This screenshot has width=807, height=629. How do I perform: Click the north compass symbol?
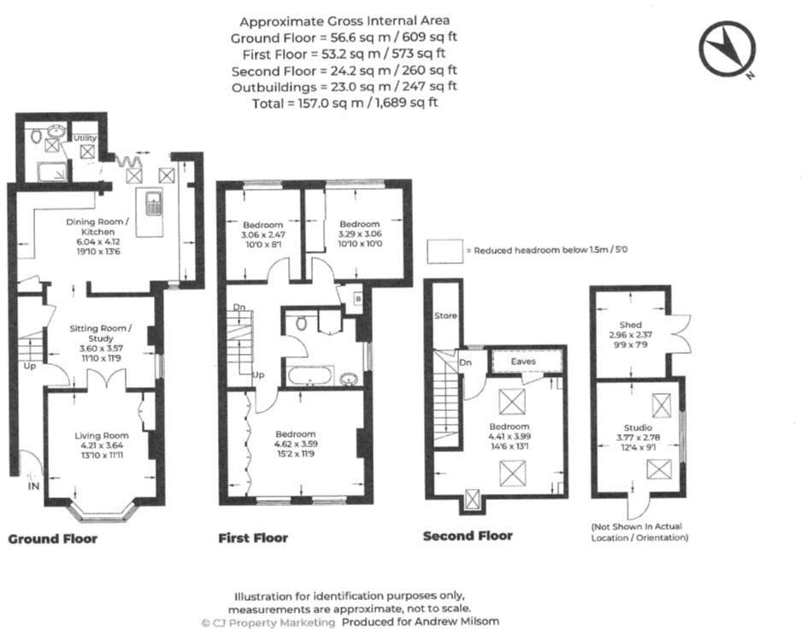[727, 48]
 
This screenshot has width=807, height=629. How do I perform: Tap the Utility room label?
[85, 137]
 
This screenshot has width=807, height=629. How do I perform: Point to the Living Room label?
[101, 436]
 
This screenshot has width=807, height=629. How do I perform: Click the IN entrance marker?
[33, 485]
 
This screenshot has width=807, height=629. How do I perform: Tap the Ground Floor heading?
[53, 538]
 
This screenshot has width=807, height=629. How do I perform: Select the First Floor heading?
[253, 538]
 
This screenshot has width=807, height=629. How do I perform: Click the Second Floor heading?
[468, 536]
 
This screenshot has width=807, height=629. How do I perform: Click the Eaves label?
[523, 362]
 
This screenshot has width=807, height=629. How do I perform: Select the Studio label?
[637, 427]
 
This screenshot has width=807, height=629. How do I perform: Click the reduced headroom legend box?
[445, 251]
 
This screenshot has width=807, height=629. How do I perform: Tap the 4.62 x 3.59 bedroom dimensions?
[294, 444]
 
